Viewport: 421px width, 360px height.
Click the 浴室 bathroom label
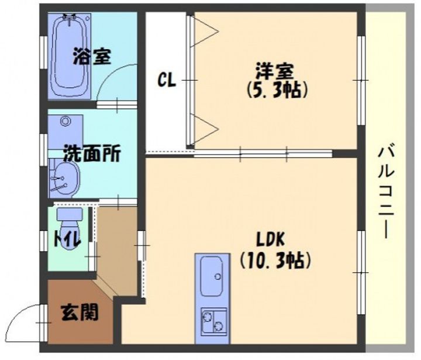(92, 57)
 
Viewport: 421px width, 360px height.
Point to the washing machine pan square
(65, 128)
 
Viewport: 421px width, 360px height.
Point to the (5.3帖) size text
(275, 91)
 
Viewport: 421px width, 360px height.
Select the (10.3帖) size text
(275, 259)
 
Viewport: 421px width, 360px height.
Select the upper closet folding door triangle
(206, 29)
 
